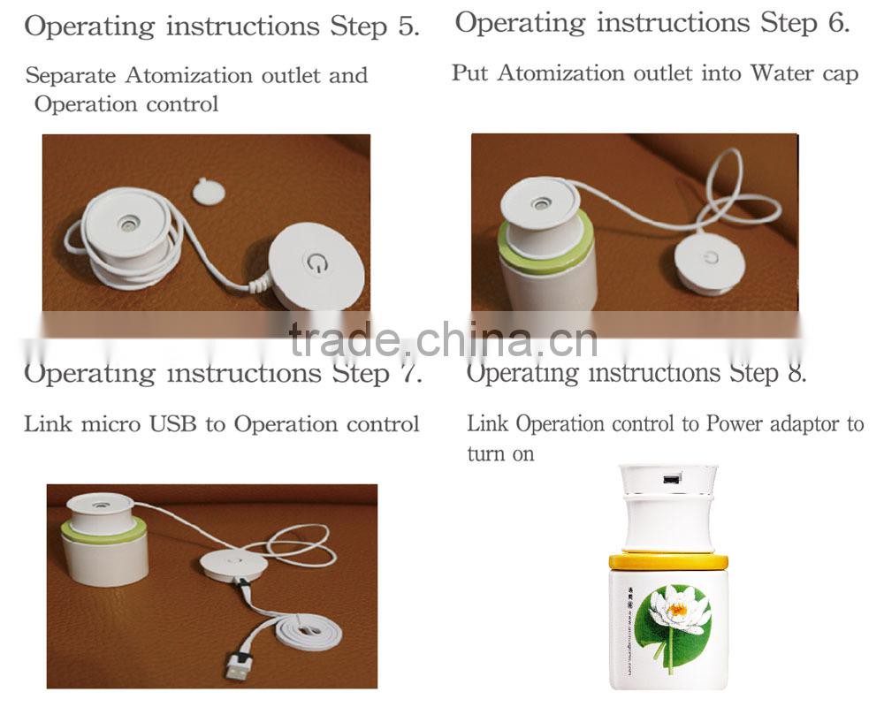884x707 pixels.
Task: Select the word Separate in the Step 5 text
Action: (72, 76)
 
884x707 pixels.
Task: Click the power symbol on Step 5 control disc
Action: (316, 262)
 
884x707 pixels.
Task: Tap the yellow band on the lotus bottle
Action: (667, 560)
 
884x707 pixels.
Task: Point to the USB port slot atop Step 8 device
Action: (669, 480)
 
